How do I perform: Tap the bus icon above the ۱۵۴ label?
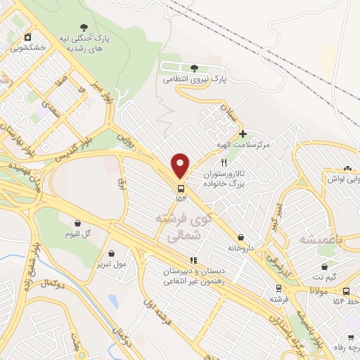click(181, 188)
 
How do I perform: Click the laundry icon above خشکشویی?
click(27, 37)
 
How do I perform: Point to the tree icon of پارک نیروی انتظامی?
click(194, 68)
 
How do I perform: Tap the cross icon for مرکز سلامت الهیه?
click(243, 133)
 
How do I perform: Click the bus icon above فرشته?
click(279, 288)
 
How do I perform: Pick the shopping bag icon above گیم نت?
click(324, 267)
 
